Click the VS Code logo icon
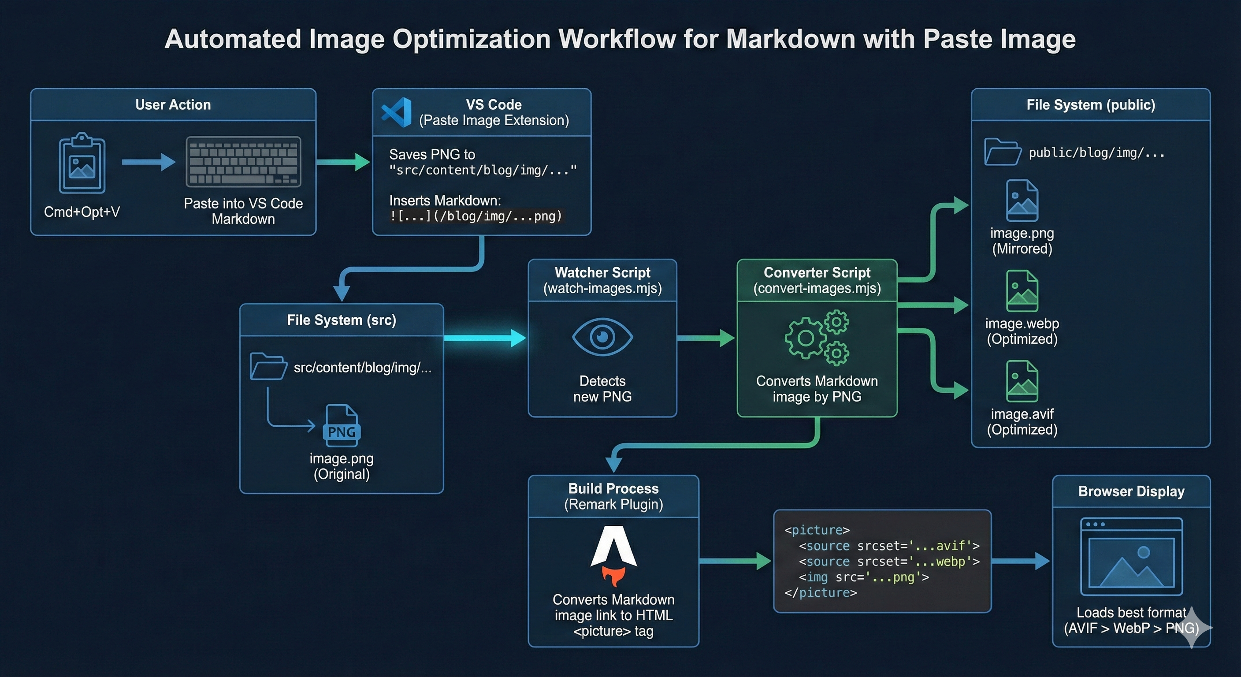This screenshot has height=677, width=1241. tap(397, 112)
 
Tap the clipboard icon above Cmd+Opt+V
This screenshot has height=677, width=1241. tap(82, 164)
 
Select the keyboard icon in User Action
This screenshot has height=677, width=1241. tap(243, 162)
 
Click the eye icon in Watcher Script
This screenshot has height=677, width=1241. tap(602, 337)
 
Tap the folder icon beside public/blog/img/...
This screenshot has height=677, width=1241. tap(1002, 152)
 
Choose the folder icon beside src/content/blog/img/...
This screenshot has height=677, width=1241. tap(268, 367)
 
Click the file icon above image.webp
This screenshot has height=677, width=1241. tap(1022, 291)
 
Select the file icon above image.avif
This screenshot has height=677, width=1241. tap(1022, 381)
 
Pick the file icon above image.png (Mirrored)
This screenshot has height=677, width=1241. tap(1022, 201)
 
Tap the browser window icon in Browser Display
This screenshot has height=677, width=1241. tap(1131, 557)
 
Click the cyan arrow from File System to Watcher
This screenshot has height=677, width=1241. tap(485, 338)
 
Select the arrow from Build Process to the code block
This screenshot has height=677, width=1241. tap(735, 561)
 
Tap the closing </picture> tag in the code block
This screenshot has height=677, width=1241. tap(821, 593)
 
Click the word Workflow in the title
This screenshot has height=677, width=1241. tap(617, 39)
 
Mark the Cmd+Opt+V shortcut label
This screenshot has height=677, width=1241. tap(82, 212)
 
